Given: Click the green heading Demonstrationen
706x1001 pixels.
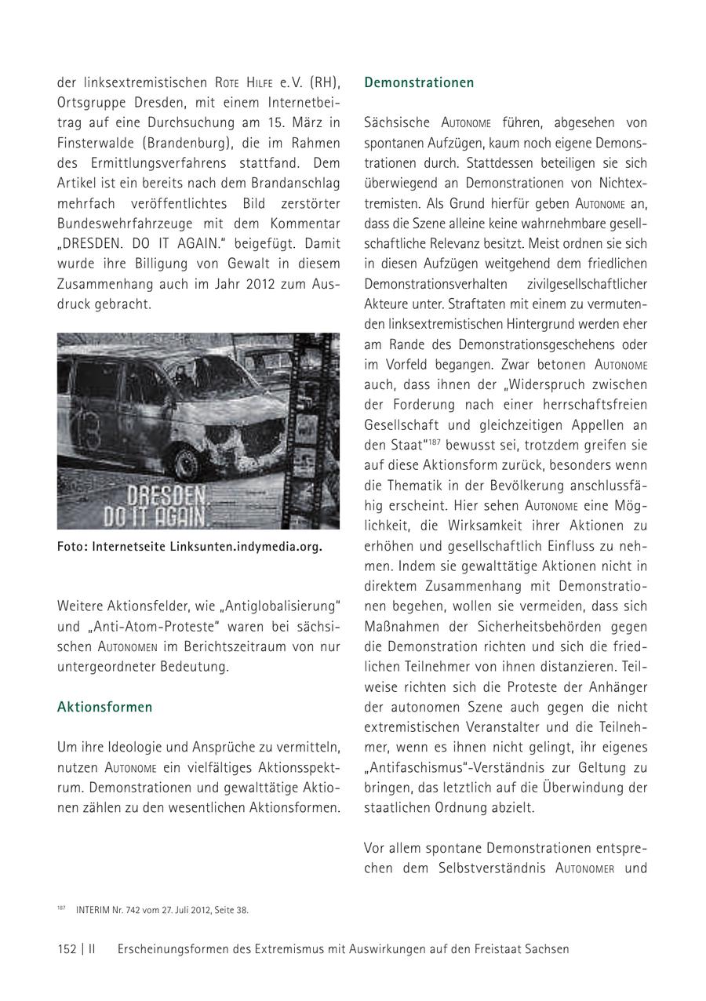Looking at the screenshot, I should click(x=419, y=82).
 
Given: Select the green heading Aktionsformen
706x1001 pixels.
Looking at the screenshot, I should click(x=104, y=707).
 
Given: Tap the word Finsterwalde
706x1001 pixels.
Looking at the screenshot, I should click(x=96, y=144).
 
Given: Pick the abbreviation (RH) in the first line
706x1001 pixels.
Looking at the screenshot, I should click(x=325, y=82).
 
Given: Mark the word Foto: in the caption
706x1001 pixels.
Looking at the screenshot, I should click(x=72, y=547).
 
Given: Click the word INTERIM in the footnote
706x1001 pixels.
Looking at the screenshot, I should click(x=94, y=910).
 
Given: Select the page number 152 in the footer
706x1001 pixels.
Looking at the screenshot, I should click(x=67, y=948).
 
